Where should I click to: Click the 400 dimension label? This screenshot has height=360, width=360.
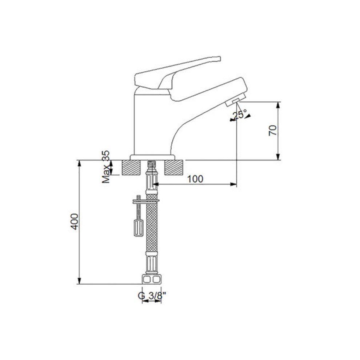point(75,221)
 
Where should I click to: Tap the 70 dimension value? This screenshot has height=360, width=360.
point(272,130)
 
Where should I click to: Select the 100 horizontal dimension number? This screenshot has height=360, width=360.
point(195,179)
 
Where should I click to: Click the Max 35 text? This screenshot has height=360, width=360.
point(106,167)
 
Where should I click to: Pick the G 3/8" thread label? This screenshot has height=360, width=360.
point(152,296)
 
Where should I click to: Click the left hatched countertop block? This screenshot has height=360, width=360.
point(131,168)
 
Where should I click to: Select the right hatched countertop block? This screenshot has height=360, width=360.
point(173,168)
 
